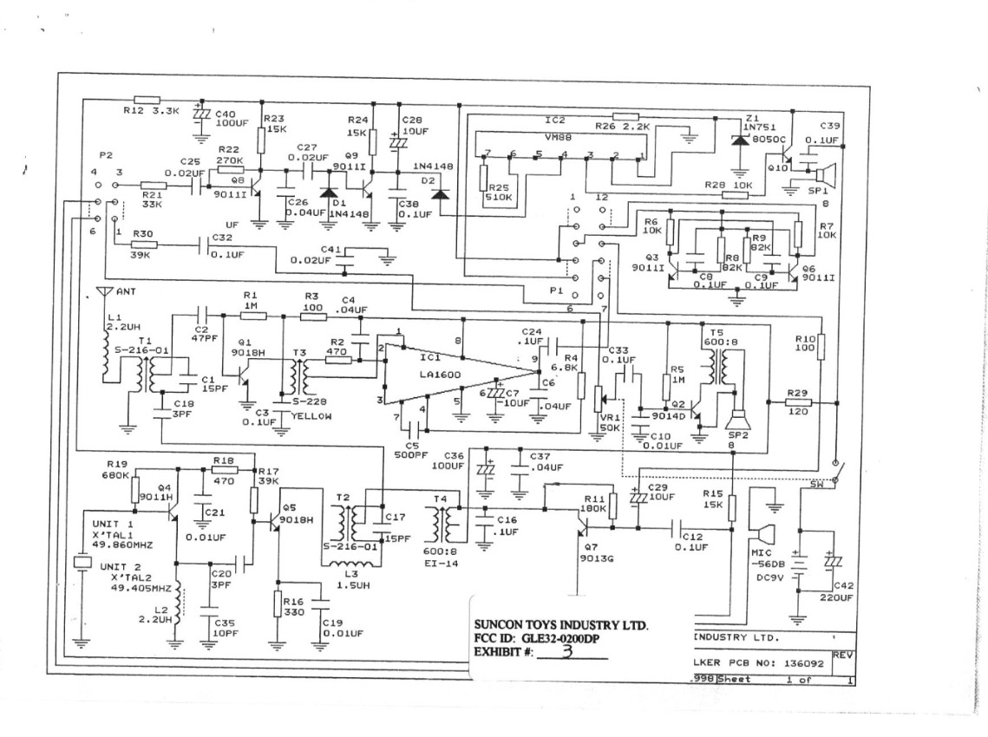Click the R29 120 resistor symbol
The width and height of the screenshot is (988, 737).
coord(798,403)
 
